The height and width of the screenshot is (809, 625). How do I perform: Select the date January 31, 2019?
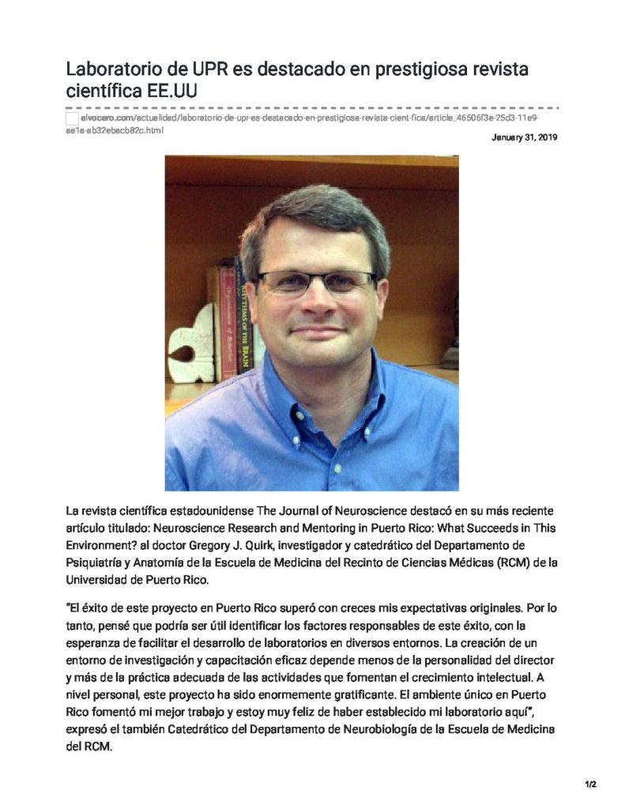525,137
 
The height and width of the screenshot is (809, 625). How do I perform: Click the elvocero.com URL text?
107,118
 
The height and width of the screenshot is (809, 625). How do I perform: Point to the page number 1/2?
590,785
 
